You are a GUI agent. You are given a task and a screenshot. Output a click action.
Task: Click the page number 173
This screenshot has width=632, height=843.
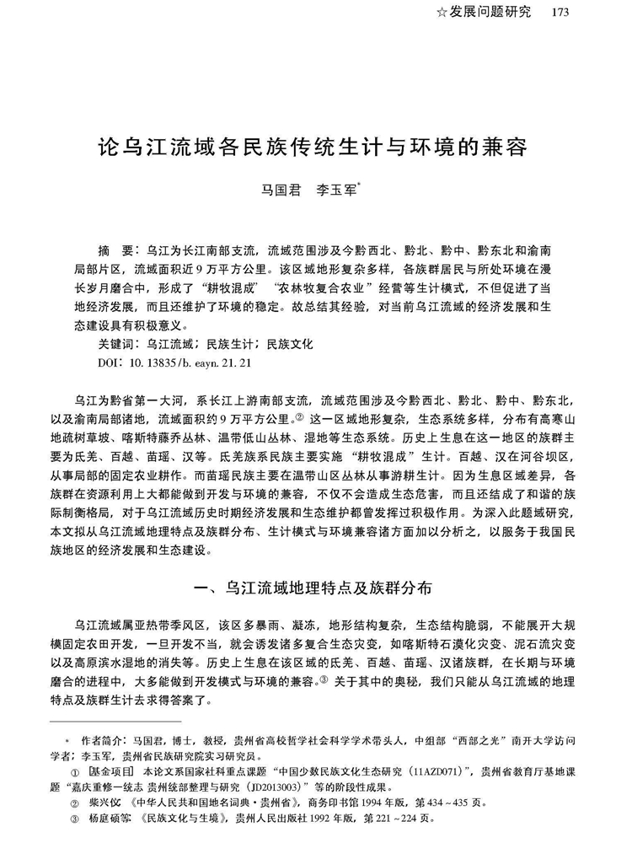(x=560, y=12)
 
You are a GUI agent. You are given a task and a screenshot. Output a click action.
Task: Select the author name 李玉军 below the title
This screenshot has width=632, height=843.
(x=335, y=191)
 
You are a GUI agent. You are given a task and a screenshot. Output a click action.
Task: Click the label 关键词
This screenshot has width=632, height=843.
(x=117, y=344)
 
